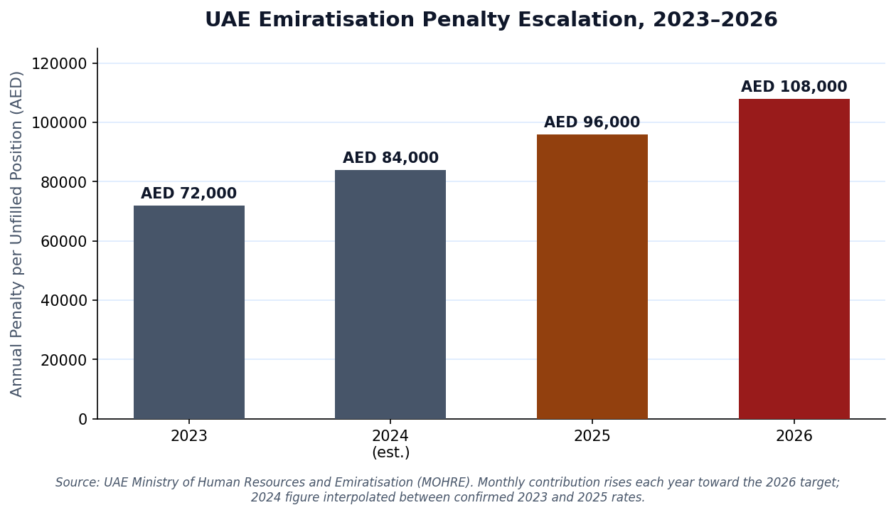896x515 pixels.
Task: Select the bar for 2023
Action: (x=189, y=312)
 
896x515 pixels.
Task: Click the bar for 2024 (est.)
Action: (x=390, y=294)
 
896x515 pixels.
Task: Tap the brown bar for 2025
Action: (x=592, y=277)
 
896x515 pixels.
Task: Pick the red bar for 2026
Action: (x=794, y=259)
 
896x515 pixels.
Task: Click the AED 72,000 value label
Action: (x=189, y=193)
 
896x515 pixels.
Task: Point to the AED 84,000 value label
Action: (x=391, y=158)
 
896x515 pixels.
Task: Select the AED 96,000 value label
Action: (x=592, y=122)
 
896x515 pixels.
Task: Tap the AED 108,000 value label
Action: (x=794, y=87)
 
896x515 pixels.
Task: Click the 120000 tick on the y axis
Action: (x=59, y=63)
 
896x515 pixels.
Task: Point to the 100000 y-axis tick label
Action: (x=59, y=122)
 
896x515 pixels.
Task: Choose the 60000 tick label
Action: (x=64, y=241)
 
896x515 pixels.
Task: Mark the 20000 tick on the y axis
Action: (x=64, y=360)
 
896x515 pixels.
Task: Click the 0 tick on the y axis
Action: (x=82, y=419)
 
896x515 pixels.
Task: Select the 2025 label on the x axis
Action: (x=592, y=436)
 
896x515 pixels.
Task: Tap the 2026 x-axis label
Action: (x=794, y=436)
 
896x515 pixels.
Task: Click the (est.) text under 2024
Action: (x=391, y=452)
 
